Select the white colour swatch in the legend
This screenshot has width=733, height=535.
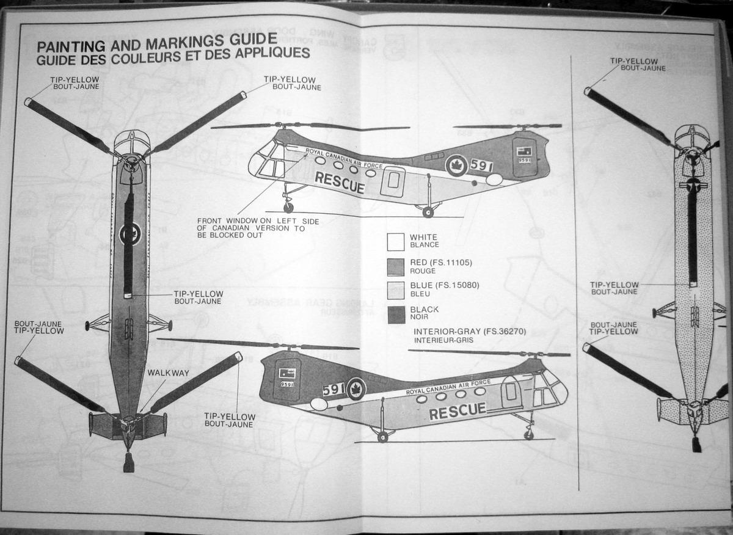(x=396, y=241)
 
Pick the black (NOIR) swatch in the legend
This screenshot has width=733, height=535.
(x=396, y=314)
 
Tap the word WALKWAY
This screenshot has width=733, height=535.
(x=164, y=372)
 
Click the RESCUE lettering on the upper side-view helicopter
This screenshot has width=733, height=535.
(x=340, y=183)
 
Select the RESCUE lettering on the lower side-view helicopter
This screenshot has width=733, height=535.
(x=458, y=411)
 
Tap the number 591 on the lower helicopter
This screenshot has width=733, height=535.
(x=334, y=389)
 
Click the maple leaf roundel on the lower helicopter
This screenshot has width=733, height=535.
(x=356, y=388)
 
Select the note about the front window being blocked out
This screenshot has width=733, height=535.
(x=250, y=228)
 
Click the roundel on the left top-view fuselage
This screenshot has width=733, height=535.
(x=129, y=233)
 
